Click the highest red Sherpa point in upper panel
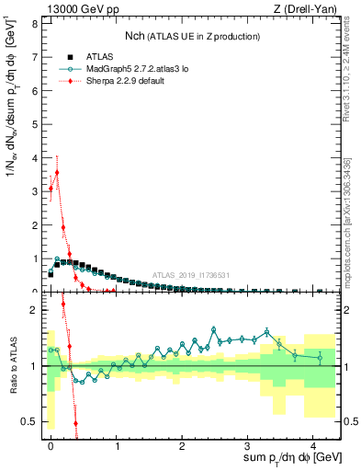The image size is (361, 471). click(57, 172)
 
